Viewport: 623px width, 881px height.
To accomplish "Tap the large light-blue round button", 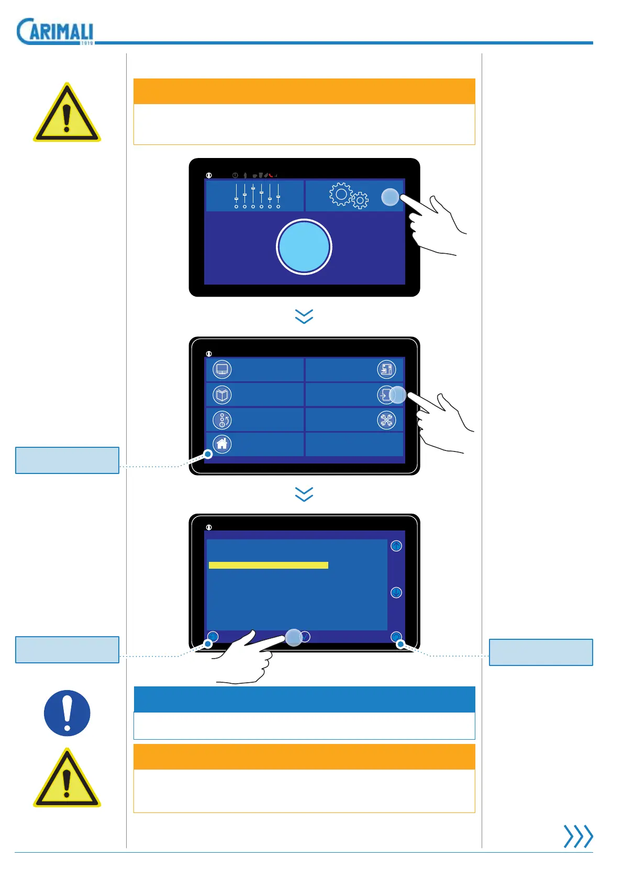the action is [304, 247].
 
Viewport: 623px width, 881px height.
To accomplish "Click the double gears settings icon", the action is [348, 196].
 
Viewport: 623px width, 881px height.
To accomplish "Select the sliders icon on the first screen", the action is [257, 196].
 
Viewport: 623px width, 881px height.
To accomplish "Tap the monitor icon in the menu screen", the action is [222, 369].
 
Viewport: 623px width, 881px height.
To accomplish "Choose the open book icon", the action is [222, 394].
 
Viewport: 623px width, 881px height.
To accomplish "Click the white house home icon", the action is [222, 444].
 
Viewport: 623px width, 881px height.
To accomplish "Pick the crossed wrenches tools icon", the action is [386, 420].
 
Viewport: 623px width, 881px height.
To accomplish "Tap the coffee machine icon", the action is [386, 369].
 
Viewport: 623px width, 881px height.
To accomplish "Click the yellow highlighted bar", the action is [268, 565].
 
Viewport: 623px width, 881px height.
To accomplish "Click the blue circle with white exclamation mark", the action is [67, 713].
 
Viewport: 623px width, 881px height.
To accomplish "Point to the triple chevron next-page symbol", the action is [578, 836].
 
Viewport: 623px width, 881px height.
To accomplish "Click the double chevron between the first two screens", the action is [304, 316].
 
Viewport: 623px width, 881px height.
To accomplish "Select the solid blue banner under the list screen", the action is [304, 699].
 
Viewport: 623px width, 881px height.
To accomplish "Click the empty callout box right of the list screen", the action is [541, 652].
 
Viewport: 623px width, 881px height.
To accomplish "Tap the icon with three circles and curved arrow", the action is [222, 420].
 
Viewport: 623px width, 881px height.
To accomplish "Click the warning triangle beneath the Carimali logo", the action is [67, 113].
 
